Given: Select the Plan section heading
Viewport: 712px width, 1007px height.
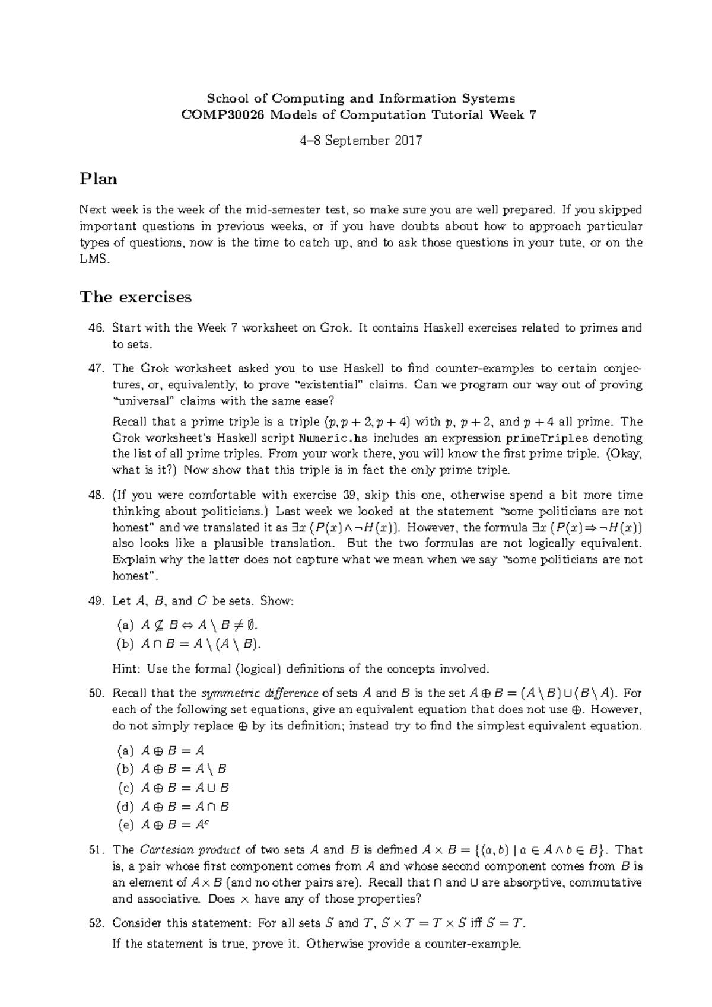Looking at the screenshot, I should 98,179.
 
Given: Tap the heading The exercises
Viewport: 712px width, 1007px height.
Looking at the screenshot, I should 136,297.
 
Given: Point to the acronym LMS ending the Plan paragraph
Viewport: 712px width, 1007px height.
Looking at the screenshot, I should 94,259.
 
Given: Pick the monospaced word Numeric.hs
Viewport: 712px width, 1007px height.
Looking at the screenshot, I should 330,438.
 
